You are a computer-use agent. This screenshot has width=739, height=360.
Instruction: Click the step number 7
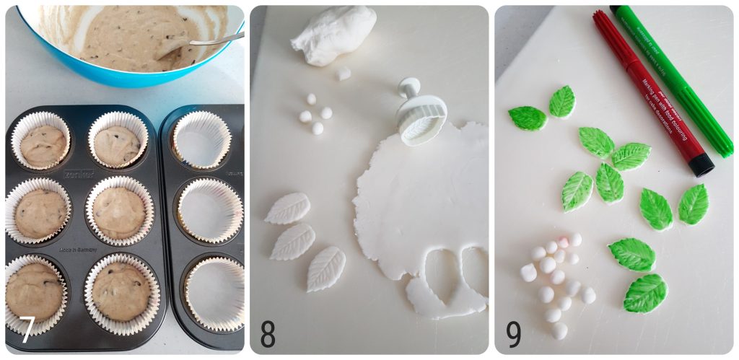point(26,330)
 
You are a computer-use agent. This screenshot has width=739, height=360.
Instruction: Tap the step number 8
point(268,333)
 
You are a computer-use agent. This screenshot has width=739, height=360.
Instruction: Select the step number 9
point(513,334)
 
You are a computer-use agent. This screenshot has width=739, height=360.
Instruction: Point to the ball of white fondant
point(333,34)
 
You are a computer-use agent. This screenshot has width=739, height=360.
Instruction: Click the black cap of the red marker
point(700,165)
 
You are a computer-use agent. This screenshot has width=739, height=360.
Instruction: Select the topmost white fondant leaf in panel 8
point(287,208)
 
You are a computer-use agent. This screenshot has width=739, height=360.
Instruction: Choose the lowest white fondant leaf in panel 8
point(326,268)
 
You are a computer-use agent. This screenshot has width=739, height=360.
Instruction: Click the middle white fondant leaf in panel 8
point(292,242)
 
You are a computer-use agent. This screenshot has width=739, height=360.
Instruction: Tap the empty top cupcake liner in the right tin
point(201,139)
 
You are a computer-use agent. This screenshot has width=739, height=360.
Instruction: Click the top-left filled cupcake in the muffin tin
point(43,144)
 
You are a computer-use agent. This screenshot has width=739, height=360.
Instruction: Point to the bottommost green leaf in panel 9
point(644,293)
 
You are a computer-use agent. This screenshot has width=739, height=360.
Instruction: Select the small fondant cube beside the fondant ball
point(344,73)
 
